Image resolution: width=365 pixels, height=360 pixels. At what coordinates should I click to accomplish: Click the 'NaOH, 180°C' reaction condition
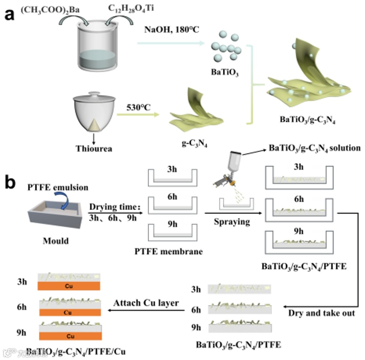(172, 30)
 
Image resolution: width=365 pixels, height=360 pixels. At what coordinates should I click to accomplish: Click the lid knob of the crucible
(94, 94)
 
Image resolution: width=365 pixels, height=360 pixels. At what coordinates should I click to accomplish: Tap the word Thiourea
(94, 148)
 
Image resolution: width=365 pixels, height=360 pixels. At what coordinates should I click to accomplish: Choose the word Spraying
(232, 222)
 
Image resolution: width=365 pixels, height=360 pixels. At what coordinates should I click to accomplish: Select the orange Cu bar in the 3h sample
(69, 286)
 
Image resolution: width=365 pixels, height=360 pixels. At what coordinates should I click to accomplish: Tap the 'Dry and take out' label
(321, 313)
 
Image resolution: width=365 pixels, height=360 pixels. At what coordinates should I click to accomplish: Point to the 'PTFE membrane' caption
(168, 252)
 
